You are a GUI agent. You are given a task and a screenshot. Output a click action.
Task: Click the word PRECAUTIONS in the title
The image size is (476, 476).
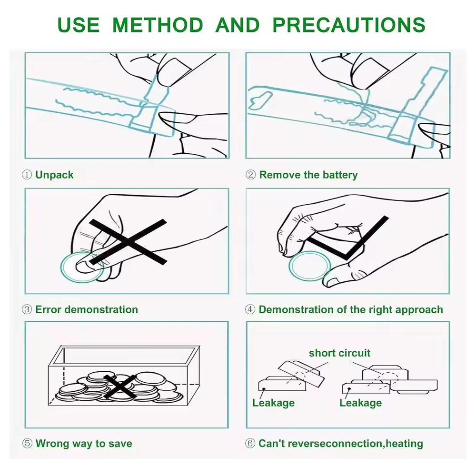click(x=349, y=25)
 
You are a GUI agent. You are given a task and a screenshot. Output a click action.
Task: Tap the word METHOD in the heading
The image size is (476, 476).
click(x=158, y=25)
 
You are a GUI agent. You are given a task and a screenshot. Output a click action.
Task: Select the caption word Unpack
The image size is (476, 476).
click(x=54, y=175)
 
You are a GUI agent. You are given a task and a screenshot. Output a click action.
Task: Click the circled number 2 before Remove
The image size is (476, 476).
click(x=250, y=175)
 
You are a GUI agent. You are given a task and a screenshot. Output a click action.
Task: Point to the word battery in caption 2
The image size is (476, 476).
click(x=340, y=175)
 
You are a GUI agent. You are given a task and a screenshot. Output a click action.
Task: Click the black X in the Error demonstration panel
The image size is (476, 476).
click(x=128, y=242)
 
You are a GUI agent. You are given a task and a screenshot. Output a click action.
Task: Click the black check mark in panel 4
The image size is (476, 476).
click(x=347, y=238)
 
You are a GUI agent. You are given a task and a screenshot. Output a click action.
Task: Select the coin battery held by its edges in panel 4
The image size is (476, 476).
click(x=309, y=266)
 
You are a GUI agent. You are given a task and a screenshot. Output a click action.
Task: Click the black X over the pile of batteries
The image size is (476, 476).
click(x=120, y=387)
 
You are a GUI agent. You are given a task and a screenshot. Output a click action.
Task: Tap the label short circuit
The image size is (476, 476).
click(x=340, y=353)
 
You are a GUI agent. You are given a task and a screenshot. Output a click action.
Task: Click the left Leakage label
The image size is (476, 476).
click(x=274, y=403)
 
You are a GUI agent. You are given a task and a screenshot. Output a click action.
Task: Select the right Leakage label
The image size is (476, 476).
click(x=361, y=403)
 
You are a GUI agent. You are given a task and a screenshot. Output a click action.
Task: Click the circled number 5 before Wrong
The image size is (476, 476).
click(x=27, y=444)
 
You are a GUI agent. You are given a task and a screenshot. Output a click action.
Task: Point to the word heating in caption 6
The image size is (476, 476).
click(x=404, y=444)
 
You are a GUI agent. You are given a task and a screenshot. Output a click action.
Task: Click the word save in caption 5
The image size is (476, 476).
click(x=120, y=444)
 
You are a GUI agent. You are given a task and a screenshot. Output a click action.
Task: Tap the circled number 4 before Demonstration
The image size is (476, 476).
click(x=250, y=310)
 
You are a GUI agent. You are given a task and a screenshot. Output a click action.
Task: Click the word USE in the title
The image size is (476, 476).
click(x=79, y=25)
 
